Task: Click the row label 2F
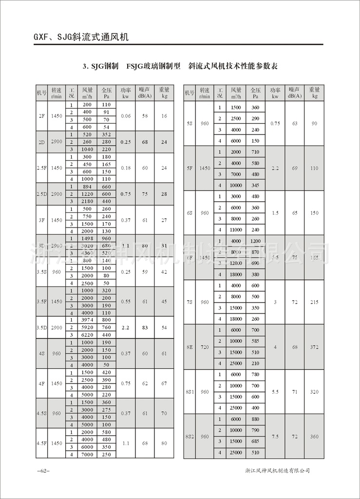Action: click(x=41, y=116)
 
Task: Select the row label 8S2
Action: click(x=190, y=436)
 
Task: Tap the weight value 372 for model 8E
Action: click(x=314, y=347)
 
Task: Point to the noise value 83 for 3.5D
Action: click(x=144, y=328)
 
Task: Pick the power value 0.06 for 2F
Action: click(x=126, y=116)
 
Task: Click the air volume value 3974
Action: click(x=87, y=320)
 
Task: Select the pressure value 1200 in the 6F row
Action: click(x=255, y=241)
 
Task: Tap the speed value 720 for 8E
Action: click(x=205, y=347)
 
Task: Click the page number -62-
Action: click(x=43, y=471)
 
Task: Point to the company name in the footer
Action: click(x=278, y=471)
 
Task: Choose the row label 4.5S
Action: click(x=41, y=413)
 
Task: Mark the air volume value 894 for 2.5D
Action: click(x=87, y=187)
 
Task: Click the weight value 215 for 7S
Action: click(x=314, y=302)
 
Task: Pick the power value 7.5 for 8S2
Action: click(x=275, y=436)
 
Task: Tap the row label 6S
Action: click(x=190, y=213)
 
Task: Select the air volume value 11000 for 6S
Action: click(x=236, y=230)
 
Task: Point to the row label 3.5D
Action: click(x=41, y=328)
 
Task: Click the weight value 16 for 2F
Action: click(x=164, y=116)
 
